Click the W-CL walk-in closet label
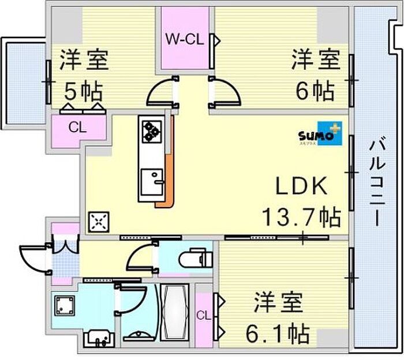point(185,39)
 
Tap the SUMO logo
point(320,133)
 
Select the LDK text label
point(301,186)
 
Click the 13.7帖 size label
point(301,217)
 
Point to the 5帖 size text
point(83,91)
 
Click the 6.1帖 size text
point(278,333)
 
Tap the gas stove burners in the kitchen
point(152,132)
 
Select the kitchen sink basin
point(152,182)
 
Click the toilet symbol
point(196,257)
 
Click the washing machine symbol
point(65,305)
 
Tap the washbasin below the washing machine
point(99,338)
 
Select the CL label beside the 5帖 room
point(77,127)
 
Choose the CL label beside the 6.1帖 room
point(204,315)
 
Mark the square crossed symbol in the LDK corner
point(99,222)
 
